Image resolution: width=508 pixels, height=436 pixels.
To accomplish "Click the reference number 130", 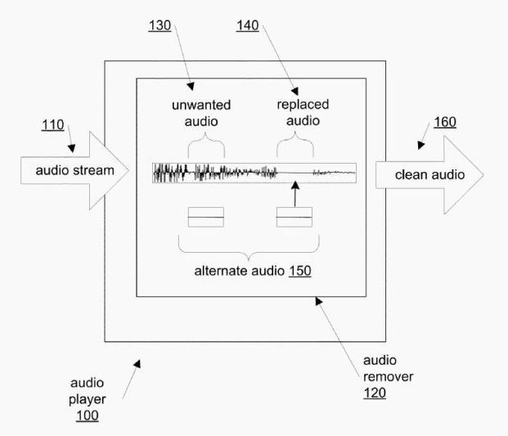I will click(160, 25).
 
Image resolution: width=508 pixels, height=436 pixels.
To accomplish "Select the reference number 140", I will click(248, 25).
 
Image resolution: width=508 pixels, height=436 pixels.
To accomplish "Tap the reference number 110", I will click(52, 124).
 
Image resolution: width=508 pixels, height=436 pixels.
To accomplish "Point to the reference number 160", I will click(445, 123).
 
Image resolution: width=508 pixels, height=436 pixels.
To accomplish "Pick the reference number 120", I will click(375, 393).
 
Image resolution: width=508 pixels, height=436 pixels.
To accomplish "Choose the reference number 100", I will click(87, 415).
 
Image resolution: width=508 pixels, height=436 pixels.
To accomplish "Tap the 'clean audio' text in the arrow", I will click(429, 174).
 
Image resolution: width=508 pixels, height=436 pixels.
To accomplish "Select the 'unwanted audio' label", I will click(200, 113).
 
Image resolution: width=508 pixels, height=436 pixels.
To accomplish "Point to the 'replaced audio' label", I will click(296, 113).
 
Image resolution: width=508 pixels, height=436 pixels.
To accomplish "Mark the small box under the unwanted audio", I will click(205, 217).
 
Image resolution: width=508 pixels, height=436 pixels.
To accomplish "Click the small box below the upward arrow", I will click(294, 217).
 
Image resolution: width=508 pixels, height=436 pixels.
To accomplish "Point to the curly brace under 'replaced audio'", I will click(295, 146).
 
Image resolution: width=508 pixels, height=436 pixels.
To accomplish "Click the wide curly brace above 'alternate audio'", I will click(249, 245).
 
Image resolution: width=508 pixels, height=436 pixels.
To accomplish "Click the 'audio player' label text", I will click(87, 391).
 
